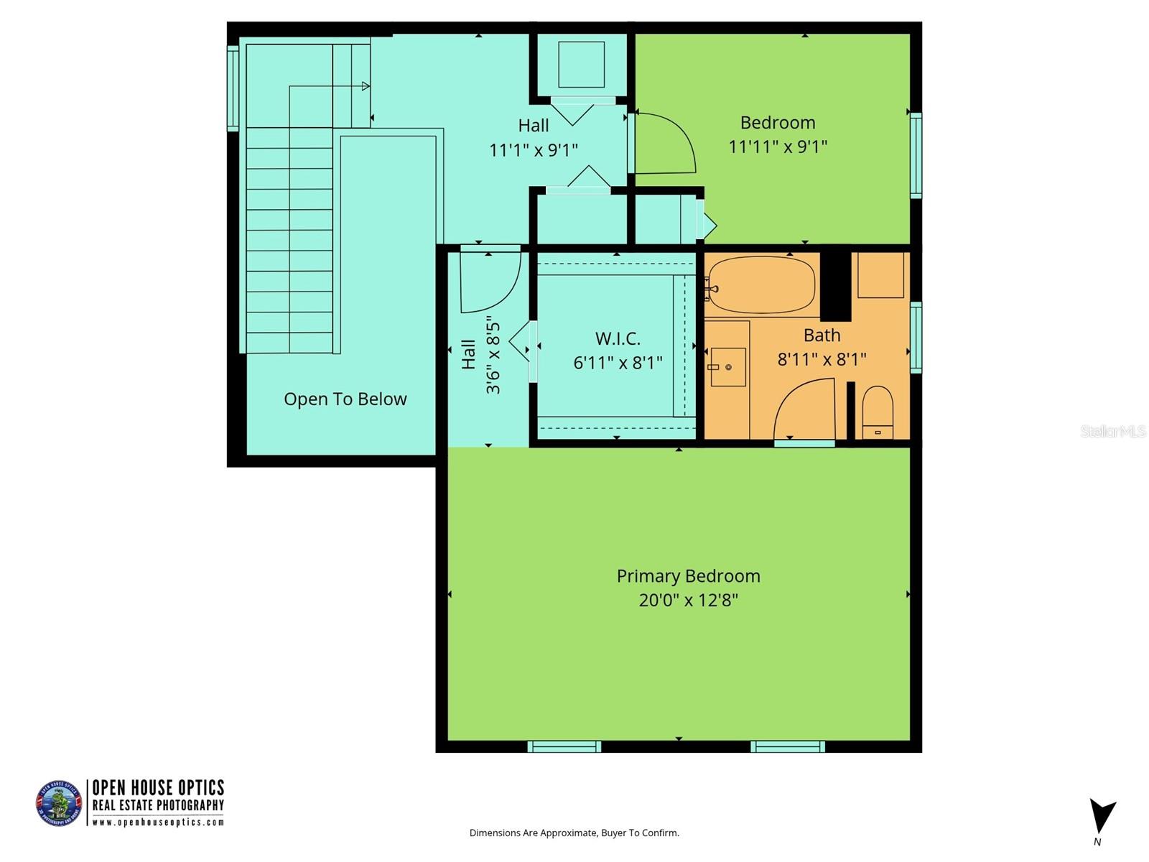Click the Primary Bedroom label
(x=688, y=576)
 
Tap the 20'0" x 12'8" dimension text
(x=688, y=600)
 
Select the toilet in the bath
(x=877, y=412)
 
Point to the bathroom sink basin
(x=727, y=367)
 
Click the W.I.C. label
(x=618, y=338)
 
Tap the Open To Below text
(x=345, y=399)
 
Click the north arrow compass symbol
(x=1101, y=817)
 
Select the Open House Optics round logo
(x=59, y=803)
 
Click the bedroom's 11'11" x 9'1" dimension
(x=778, y=147)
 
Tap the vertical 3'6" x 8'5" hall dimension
(x=493, y=355)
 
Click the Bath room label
(x=822, y=335)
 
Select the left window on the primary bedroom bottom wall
(x=564, y=746)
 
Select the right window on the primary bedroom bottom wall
(x=788, y=746)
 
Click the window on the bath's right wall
(x=916, y=338)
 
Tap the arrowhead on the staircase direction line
(x=366, y=86)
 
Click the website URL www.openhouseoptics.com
(x=158, y=822)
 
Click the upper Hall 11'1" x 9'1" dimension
(x=534, y=149)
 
